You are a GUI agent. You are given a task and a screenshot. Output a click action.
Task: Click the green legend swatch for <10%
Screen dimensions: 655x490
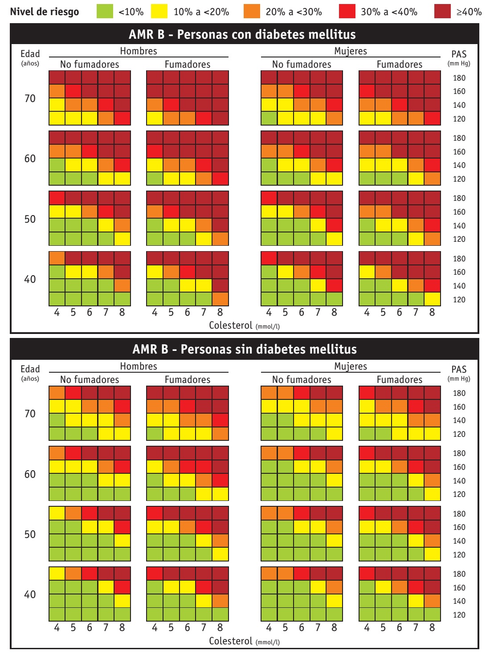pyautogui.click(x=105, y=12)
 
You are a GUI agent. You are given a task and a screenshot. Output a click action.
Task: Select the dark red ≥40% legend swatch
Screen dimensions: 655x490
pyautogui.click(x=442, y=12)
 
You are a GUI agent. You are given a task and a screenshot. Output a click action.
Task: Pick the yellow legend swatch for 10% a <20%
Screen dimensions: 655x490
pyautogui.click(x=159, y=12)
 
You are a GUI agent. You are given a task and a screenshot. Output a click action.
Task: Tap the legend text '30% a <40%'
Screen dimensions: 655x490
pyautogui.click(x=389, y=12)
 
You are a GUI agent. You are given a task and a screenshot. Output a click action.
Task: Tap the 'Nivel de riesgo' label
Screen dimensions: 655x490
pyautogui.click(x=45, y=12)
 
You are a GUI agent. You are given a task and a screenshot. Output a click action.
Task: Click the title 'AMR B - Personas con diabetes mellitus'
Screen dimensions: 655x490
pyautogui.click(x=242, y=34)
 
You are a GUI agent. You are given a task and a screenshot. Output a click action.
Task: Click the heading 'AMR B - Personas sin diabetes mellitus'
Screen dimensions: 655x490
pyautogui.click(x=244, y=349)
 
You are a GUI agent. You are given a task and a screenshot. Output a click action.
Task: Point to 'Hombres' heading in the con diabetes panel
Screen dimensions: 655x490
pyautogui.click(x=139, y=51)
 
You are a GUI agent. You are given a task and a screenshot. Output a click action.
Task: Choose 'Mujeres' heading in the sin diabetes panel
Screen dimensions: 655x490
pyautogui.click(x=351, y=366)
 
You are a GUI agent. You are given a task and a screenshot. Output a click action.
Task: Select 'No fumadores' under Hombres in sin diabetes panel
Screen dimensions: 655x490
pyautogui.click(x=90, y=380)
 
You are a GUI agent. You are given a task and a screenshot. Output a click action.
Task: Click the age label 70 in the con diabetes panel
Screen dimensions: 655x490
pyautogui.click(x=30, y=98)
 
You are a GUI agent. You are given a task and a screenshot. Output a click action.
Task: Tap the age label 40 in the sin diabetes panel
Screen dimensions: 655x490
pyautogui.click(x=30, y=594)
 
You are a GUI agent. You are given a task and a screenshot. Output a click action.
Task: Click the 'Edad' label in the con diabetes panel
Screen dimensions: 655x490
pyautogui.click(x=30, y=54)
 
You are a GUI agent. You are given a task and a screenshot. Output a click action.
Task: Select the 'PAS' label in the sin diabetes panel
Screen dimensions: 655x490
pyautogui.click(x=459, y=370)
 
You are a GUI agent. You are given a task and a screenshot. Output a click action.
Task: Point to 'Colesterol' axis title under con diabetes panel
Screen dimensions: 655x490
pyautogui.click(x=231, y=325)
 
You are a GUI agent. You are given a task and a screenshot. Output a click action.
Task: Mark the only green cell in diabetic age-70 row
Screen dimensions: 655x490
pyautogui.click(x=269, y=118)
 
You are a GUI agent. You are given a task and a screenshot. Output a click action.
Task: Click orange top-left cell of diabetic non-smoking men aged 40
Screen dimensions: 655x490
pyautogui.click(x=57, y=258)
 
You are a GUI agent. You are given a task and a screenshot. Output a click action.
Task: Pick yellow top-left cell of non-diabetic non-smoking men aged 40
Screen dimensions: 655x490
pyautogui.click(x=57, y=574)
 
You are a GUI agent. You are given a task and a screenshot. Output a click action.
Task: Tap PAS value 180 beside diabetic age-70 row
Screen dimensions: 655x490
pyautogui.click(x=459, y=78)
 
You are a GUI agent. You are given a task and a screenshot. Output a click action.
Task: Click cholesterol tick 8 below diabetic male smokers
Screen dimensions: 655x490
pyautogui.click(x=220, y=313)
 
